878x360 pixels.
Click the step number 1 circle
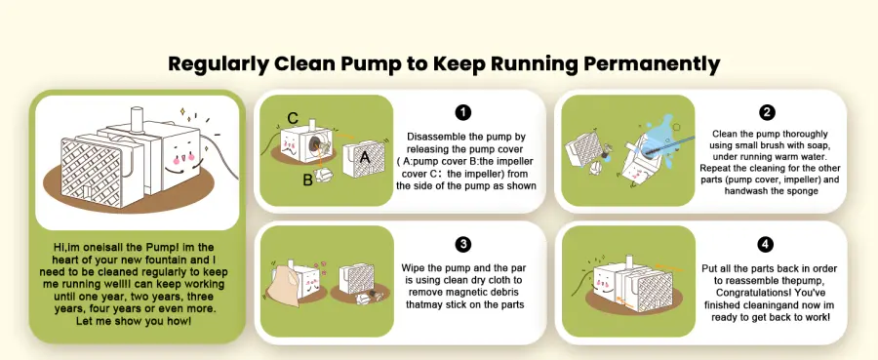point(462,112)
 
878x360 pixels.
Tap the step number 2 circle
point(767,112)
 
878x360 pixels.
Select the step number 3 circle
point(462,244)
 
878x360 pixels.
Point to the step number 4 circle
point(765,244)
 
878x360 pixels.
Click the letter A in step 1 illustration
point(365,158)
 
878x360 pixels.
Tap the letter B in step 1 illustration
point(308,180)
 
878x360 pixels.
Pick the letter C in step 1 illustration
point(293,118)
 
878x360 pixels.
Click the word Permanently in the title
point(652,64)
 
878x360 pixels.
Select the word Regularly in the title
point(218,64)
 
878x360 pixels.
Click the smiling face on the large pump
point(181,158)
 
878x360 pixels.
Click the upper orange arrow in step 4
point(667,267)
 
